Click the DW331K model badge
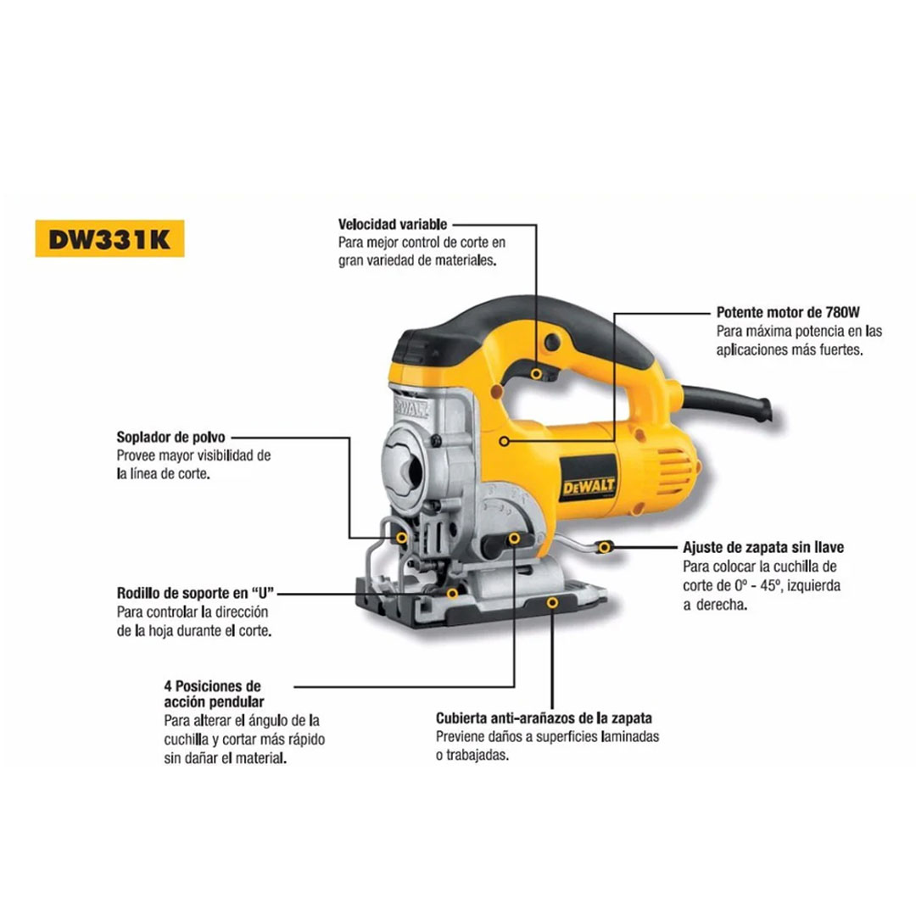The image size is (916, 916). pos(109,238)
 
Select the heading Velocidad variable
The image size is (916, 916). pos(393,224)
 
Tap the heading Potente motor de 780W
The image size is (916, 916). pos(788,312)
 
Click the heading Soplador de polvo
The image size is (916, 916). pos(170,437)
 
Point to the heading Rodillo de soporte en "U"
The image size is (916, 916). pos(196,593)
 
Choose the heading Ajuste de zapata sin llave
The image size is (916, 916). pos(763,547)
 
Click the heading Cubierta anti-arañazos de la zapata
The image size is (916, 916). pos(544,718)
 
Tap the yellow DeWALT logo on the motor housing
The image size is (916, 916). pos(589,487)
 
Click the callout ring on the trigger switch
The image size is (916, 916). pos(536,373)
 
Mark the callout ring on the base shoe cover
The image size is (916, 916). pos(552,602)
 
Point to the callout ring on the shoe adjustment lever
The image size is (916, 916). pos(605,547)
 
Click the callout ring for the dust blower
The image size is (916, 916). pos(402,538)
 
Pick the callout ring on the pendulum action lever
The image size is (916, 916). pos(514,538)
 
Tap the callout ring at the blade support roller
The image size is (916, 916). pos(452,594)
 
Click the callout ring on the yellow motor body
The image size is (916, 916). pos(504,441)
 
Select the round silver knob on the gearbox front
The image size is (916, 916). pos(406,461)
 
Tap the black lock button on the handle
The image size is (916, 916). pos(552,343)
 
